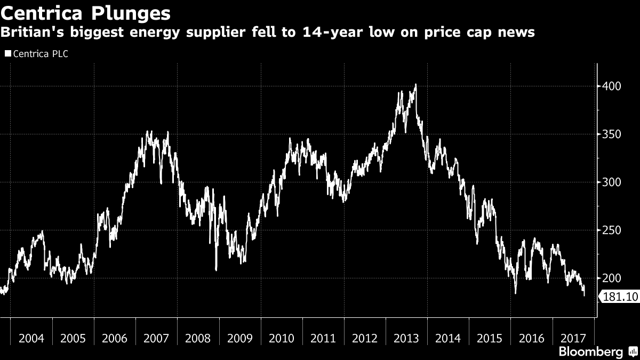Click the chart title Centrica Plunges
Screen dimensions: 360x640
click(x=86, y=12)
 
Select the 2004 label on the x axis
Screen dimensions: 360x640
click(x=31, y=338)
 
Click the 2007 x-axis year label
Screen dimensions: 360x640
click(x=157, y=338)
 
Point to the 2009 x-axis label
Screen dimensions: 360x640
click(x=240, y=338)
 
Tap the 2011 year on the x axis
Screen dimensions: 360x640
click(x=323, y=338)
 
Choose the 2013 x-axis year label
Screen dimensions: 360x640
click(x=406, y=338)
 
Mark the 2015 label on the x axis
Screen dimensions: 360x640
click(x=490, y=338)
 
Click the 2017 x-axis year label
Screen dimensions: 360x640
click(x=573, y=338)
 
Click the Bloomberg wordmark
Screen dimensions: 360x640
click(x=590, y=352)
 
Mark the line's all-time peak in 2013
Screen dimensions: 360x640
click(x=415, y=84)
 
